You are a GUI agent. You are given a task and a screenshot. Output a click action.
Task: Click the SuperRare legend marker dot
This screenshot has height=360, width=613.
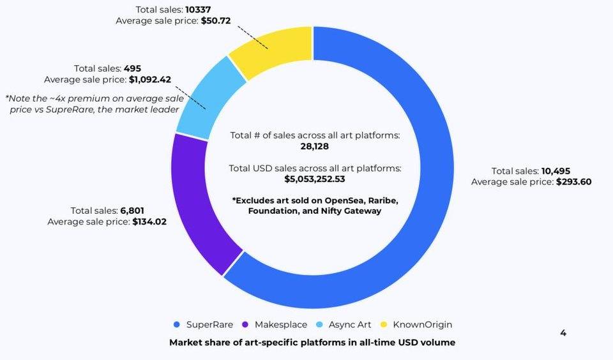[177, 325]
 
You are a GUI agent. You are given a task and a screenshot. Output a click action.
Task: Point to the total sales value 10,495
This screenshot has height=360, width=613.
[556, 171]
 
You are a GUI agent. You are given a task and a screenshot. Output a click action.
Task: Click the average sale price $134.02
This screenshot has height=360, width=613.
[149, 221]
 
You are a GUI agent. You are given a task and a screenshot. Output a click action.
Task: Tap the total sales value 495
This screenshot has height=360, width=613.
[133, 68]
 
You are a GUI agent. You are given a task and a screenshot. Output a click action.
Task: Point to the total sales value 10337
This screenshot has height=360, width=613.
[199, 10]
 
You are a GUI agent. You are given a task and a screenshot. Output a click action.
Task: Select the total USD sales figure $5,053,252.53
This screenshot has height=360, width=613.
[315, 179]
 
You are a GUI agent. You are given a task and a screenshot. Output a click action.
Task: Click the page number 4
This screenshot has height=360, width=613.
[563, 333]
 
